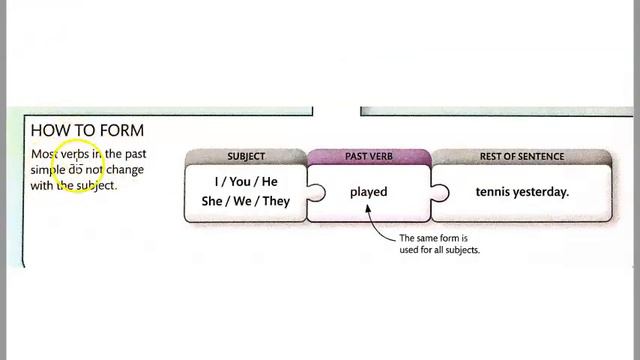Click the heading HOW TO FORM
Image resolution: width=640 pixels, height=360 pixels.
pyautogui.click(x=87, y=131)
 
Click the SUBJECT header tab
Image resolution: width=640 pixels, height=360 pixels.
pyautogui.click(x=246, y=157)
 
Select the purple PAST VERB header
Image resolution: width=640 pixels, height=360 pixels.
pyautogui.click(x=369, y=157)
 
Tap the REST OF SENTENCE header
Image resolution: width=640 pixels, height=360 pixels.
pyautogui.click(x=522, y=157)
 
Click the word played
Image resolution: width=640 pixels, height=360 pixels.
pyautogui.click(x=369, y=192)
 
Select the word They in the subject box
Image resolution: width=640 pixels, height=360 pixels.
pyautogui.click(x=276, y=201)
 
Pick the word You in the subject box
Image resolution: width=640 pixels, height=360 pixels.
pyautogui.click(x=240, y=182)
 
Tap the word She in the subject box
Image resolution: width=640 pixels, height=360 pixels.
pyautogui.click(x=211, y=201)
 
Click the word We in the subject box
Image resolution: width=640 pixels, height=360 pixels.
pyautogui.click(x=242, y=201)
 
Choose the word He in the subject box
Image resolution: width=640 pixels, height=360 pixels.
pyautogui.click(x=270, y=182)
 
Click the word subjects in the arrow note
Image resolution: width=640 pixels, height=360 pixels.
pyautogui.click(x=464, y=250)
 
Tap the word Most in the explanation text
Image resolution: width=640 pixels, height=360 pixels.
pyautogui.click(x=44, y=154)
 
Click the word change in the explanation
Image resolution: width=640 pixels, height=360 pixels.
pyautogui.click(x=125, y=170)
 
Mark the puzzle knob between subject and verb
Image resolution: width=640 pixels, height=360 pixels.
pyautogui.click(x=317, y=192)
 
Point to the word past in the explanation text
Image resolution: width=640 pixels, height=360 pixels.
pyautogui.click(x=136, y=154)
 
